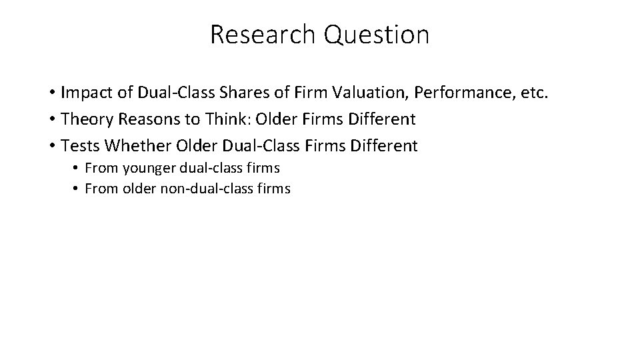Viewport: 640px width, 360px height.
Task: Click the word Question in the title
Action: [x=377, y=35]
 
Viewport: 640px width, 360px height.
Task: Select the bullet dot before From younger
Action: [x=77, y=167]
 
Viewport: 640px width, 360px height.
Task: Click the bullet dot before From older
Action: [x=77, y=189]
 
